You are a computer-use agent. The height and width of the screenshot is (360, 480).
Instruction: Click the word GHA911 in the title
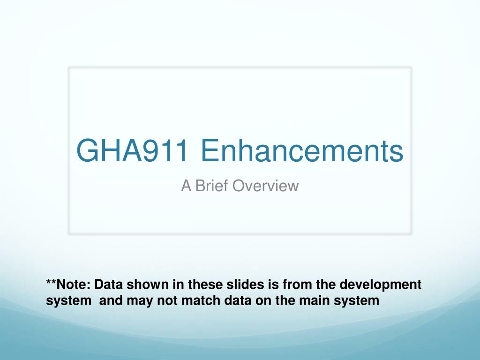coord(132,150)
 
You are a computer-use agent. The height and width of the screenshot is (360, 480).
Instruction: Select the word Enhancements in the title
coord(302,150)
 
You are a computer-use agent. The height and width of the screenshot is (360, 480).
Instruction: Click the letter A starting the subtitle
coord(186,186)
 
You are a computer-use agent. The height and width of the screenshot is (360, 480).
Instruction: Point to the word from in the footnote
coord(297,285)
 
